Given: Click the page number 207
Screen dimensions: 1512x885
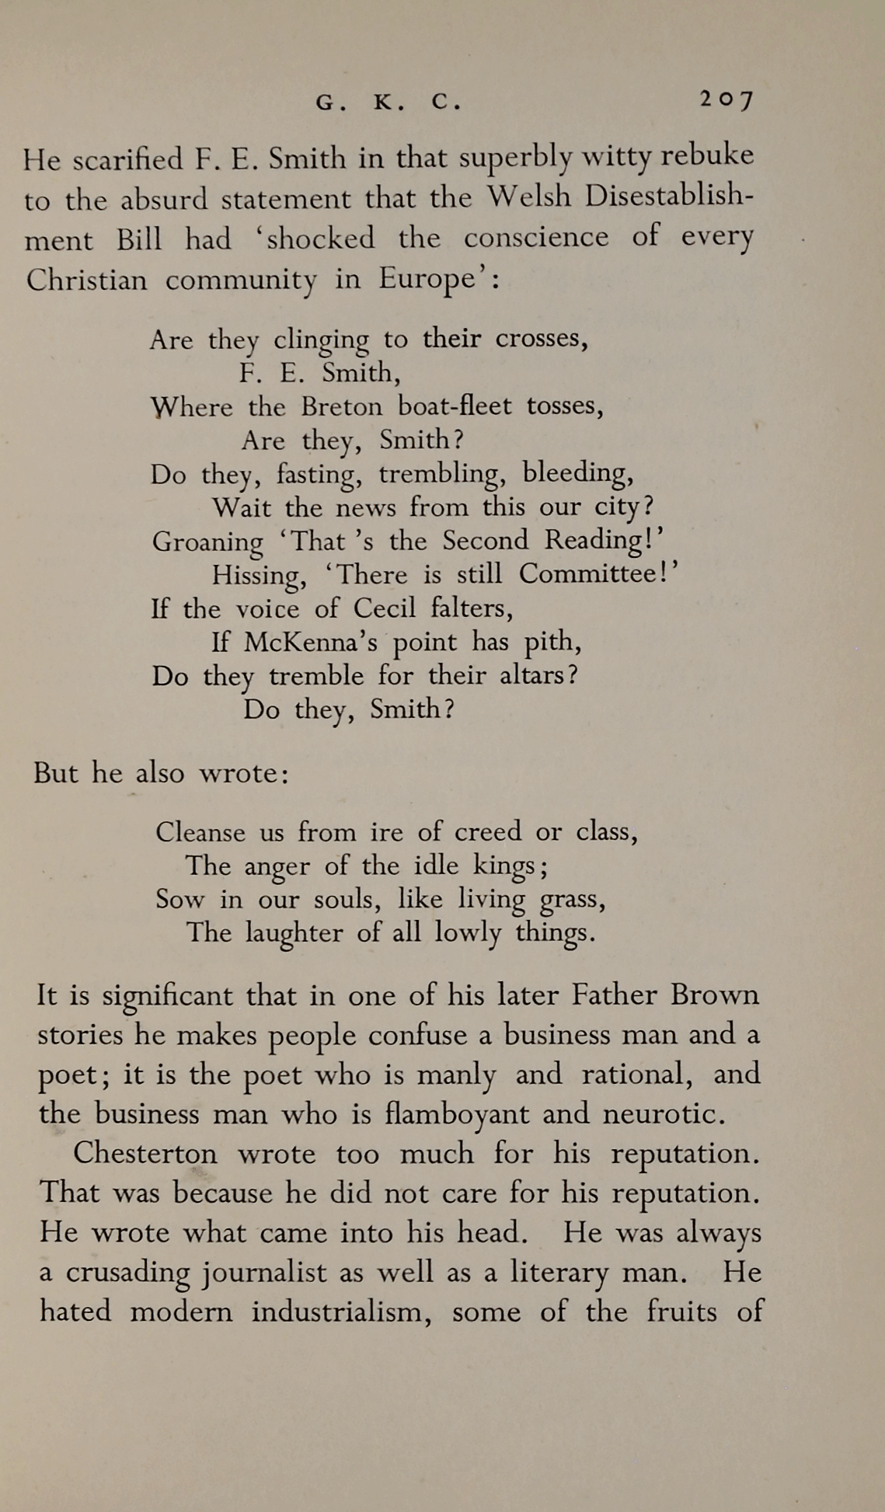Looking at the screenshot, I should coord(726,100).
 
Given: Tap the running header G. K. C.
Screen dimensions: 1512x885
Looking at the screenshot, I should coord(388,103).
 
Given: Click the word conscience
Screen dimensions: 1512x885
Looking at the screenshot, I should coord(535,237).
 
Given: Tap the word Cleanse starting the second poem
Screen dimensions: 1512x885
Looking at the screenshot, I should coord(200,832).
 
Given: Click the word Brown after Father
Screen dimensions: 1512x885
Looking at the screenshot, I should coord(714,995).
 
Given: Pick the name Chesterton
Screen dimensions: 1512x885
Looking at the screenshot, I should coord(145,1154).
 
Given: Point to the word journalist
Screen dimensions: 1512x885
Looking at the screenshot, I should coord(265,1273).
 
